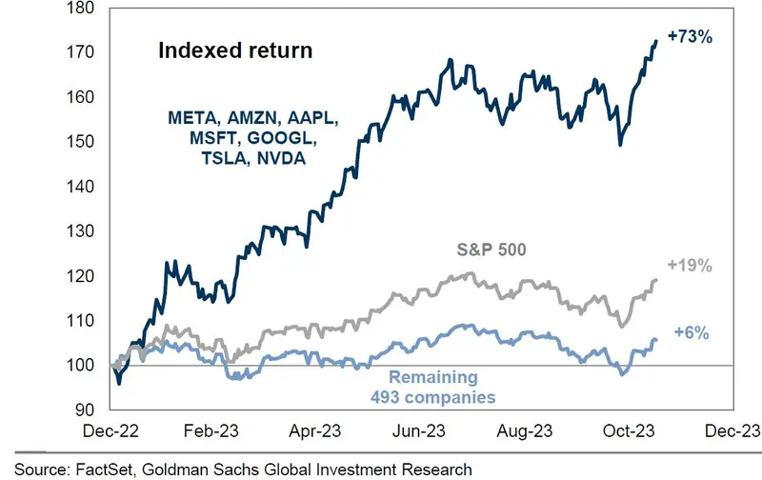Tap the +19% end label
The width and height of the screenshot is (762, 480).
pyautogui.click(x=691, y=266)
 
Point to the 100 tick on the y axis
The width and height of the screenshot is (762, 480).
pyautogui.click(x=81, y=366)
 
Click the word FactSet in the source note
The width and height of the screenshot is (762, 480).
pyautogui.click(x=99, y=469)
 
